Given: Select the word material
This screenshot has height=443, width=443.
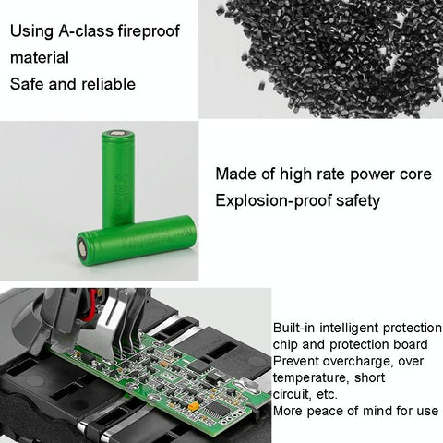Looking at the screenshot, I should click(x=40, y=57).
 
